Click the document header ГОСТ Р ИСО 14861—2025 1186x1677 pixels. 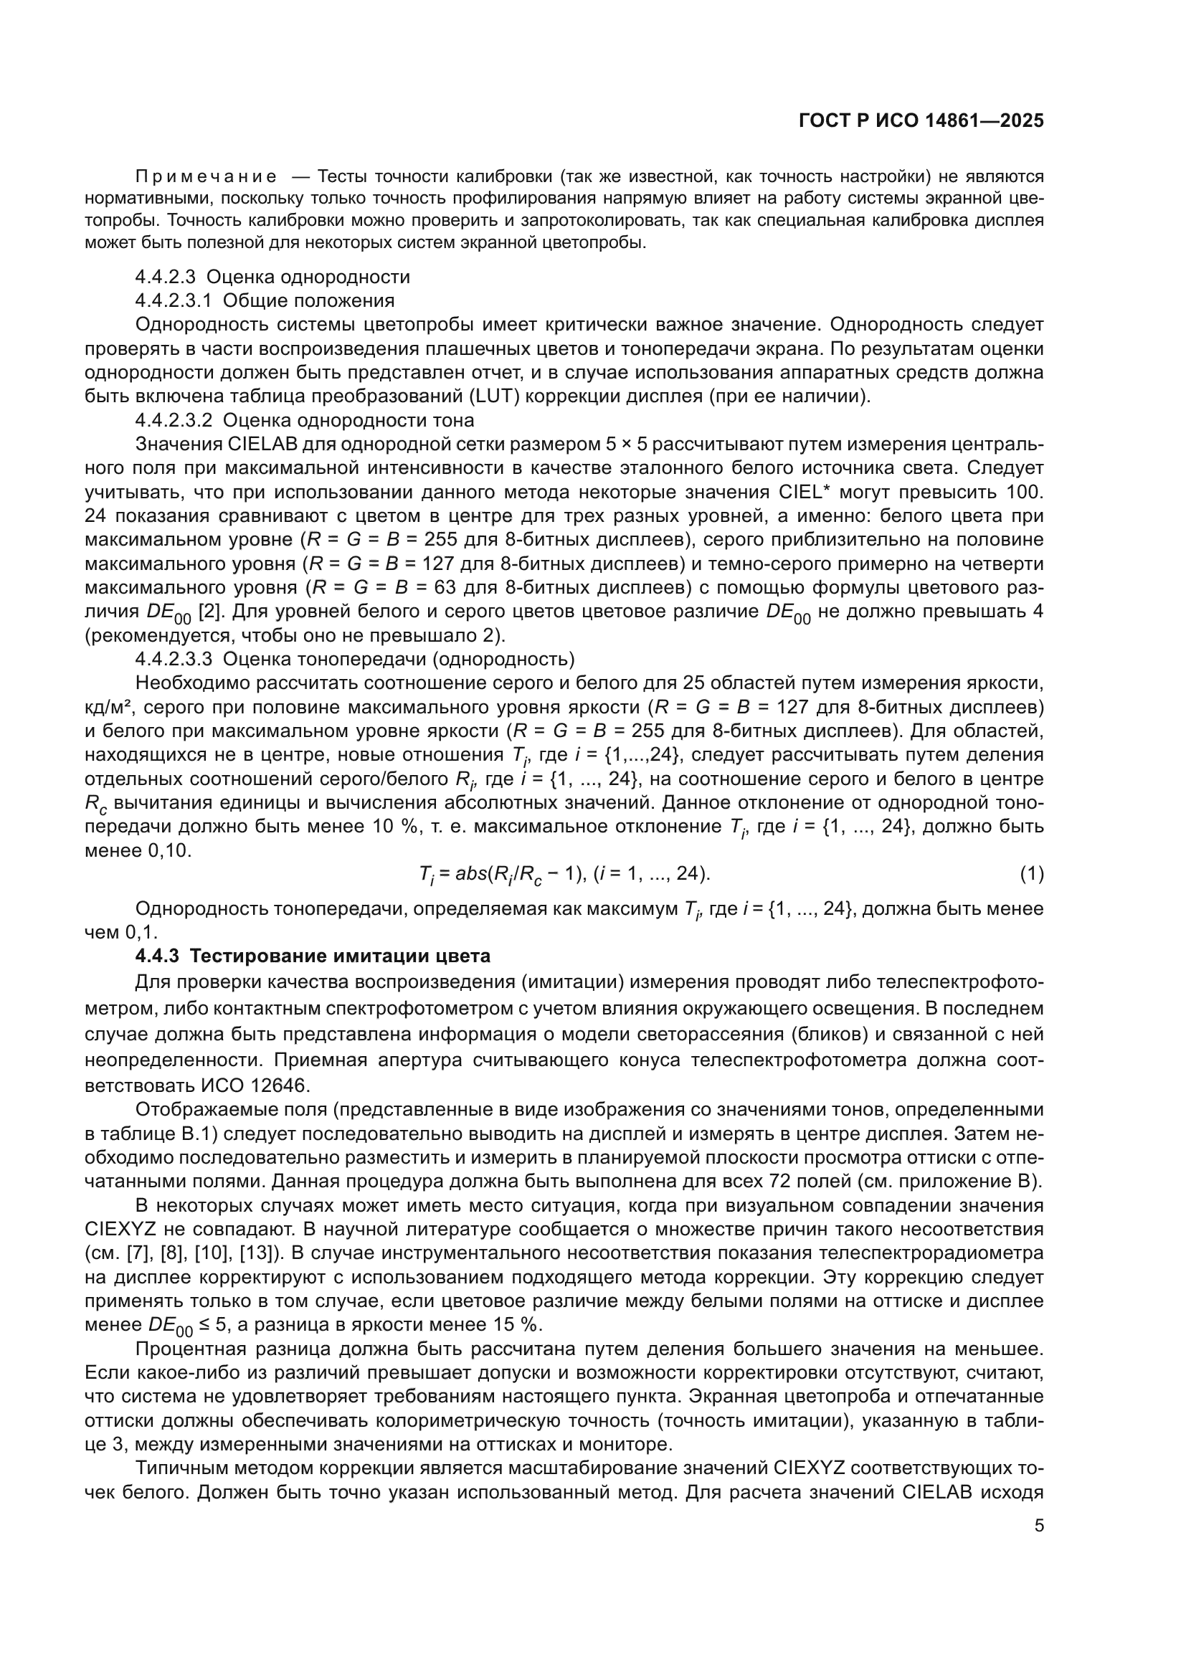coord(921,120)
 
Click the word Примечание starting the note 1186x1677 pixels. coord(206,176)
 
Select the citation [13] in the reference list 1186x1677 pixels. coord(255,1253)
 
